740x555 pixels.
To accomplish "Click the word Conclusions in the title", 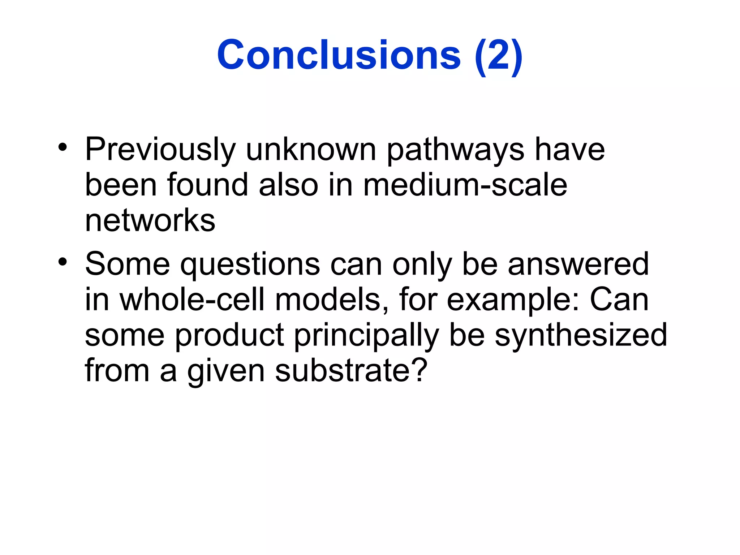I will click(x=339, y=55).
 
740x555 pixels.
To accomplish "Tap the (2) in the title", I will click(x=499, y=56).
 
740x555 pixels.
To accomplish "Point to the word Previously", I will click(x=160, y=150).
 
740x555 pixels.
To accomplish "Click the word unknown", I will click(x=311, y=150).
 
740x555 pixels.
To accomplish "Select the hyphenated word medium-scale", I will click(x=465, y=185).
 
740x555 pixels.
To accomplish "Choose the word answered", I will click(x=578, y=264).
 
